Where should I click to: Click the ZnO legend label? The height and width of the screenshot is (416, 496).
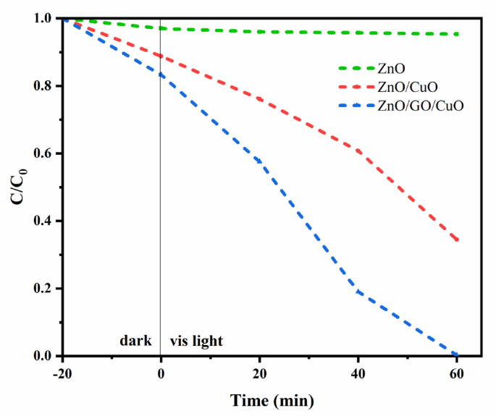pyautogui.click(x=390, y=69)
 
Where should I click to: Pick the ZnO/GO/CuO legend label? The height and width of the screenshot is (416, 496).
pyautogui.click(x=419, y=106)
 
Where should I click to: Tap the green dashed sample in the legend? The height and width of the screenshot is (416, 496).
pyautogui.click(x=355, y=69)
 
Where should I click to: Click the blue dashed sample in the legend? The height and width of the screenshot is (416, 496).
pyautogui.click(x=355, y=106)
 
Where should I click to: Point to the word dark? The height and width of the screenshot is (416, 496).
pyautogui.click(x=135, y=341)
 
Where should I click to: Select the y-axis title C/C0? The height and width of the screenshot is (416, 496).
pyautogui.click(x=20, y=187)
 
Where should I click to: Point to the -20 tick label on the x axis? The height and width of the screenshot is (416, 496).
pyautogui.click(x=63, y=371)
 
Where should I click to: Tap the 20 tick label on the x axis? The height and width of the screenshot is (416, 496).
pyautogui.click(x=259, y=371)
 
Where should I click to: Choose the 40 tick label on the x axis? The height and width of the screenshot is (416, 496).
pyautogui.click(x=358, y=371)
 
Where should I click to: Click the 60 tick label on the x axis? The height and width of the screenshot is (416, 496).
pyautogui.click(x=457, y=371)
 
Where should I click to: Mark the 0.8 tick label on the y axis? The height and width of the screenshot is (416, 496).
pyautogui.click(x=43, y=86)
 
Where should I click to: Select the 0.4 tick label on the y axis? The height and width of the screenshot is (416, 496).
pyautogui.click(x=43, y=221)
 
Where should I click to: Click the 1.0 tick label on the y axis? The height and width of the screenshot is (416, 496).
pyautogui.click(x=43, y=18)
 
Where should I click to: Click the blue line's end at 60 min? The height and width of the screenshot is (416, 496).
pyautogui.click(x=457, y=355)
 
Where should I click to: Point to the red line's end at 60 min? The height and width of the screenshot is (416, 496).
pyautogui.click(x=457, y=241)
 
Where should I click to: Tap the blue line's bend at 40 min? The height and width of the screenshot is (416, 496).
pyautogui.click(x=358, y=292)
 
